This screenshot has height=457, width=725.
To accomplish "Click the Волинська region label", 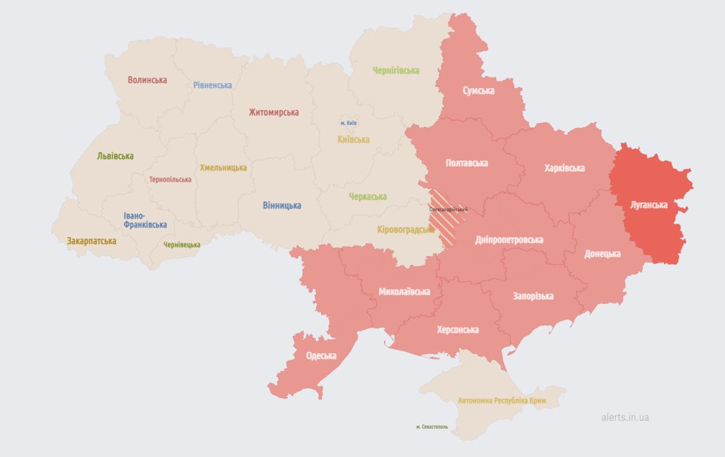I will (147, 80).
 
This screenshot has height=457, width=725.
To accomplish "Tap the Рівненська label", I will (212, 85).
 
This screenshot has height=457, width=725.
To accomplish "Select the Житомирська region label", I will (274, 112).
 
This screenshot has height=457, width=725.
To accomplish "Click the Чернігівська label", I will (396, 70).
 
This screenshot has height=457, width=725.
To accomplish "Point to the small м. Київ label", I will (349, 123).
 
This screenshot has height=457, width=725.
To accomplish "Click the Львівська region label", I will (115, 156).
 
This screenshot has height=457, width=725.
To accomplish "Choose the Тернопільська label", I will (170, 179).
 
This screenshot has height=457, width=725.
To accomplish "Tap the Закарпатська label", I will (92, 241).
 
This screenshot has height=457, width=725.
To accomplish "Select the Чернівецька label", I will (182, 245).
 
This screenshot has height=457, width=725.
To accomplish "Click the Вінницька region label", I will (282, 205).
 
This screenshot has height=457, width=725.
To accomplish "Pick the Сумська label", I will (478, 91).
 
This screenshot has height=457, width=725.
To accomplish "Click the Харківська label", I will (564, 168).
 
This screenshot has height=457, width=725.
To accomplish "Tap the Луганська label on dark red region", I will (649, 205).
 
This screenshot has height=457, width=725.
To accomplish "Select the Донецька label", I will (602, 254).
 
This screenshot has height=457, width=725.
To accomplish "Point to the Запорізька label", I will (533, 296).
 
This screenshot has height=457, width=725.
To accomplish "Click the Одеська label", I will (321, 356).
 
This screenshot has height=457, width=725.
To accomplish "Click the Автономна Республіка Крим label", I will (502, 401).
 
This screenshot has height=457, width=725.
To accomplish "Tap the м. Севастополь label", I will (432, 427).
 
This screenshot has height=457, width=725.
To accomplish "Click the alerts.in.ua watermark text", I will (625, 417).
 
